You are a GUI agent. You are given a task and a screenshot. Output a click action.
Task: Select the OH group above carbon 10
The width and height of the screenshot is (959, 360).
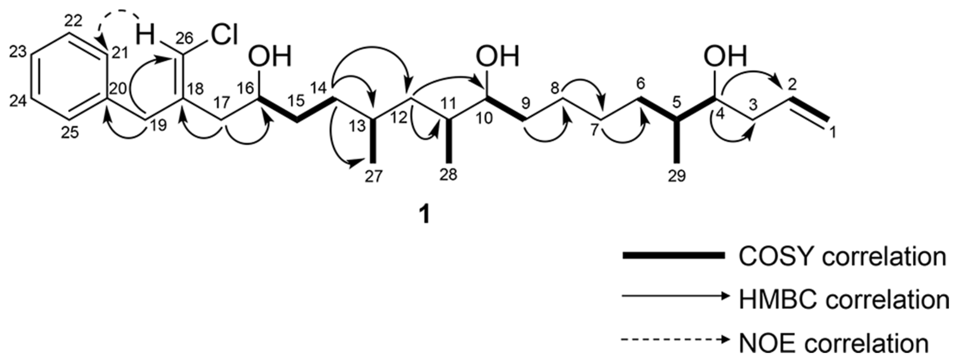click(x=498, y=57)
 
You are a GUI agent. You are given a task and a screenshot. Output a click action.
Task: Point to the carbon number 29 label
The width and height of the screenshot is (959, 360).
click(x=677, y=176)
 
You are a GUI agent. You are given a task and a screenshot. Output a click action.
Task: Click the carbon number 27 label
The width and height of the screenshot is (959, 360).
click(x=373, y=176)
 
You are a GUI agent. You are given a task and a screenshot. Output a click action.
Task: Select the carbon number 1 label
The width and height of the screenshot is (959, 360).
click(x=833, y=133)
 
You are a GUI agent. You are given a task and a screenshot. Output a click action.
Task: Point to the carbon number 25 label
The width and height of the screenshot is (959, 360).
click(x=70, y=133)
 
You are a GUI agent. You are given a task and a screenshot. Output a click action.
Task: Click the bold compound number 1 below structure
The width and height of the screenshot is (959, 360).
click(x=424, y=215)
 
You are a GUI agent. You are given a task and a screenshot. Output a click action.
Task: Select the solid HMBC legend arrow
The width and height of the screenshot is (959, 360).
click(x=675, y=296)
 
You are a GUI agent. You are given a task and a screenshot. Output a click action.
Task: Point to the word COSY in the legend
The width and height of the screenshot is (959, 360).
click(x=778, y=256)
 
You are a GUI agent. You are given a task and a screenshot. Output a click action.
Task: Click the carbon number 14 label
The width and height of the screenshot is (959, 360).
click(x=319, y=89)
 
